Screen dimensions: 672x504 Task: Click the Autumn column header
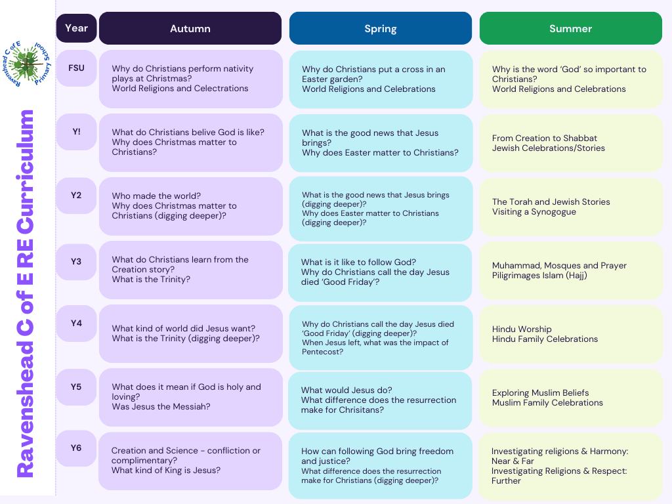point(190,28)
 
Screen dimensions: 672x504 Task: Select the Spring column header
point(381,28)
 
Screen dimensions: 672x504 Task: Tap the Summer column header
point(571,28)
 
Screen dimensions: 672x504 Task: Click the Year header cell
point(76,28)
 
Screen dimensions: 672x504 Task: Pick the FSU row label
point(76,68)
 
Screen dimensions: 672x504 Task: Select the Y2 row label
point(76,196)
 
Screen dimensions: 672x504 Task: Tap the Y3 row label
point(76,262)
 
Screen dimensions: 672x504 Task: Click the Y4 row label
point(76,324)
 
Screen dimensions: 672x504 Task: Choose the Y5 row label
point(76,387)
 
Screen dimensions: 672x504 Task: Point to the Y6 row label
point(76,448)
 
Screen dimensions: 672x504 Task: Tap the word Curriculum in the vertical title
point(25,173)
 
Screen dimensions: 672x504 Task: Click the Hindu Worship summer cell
point(571,334)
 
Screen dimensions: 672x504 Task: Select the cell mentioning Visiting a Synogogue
point(571,207)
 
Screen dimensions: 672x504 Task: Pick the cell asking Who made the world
point(191,206)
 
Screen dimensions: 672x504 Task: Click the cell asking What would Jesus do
point(380,400)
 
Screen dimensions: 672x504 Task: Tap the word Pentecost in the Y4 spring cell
point(322,352)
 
